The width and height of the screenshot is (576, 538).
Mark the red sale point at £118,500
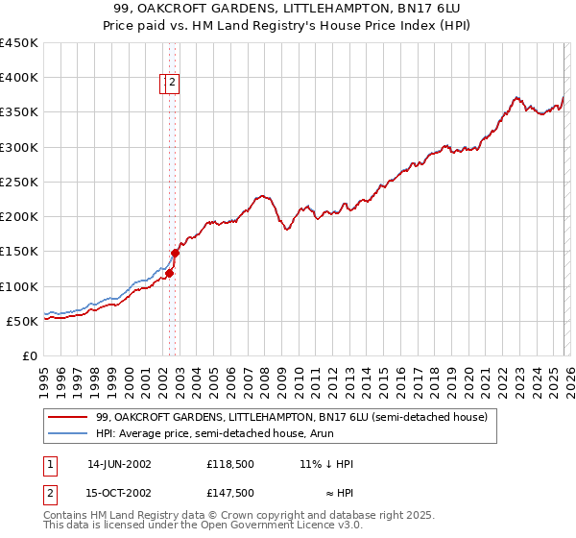tap(169, 273)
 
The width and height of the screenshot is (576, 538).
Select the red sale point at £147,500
tap(175, 254)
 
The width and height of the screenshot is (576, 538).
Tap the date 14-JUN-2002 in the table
tap(119, 464)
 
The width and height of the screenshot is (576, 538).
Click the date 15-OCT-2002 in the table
tap(119, 493)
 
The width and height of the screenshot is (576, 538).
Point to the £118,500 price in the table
tap(229, 464)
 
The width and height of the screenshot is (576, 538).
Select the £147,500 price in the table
tap(229, 493)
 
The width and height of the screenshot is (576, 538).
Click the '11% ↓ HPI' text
tap(326, 464)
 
